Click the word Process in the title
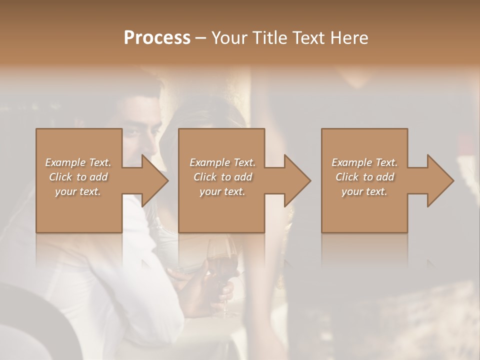[157, 38]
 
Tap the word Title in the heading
[268, 38]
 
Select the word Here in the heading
[348, 38]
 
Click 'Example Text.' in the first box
[78, 162]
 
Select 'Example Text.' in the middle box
[222, 162]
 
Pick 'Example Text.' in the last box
[364, 162]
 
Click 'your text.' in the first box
[78, 191]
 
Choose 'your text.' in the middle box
[222, 191]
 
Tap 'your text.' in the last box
[364, 191]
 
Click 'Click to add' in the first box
[78, 177]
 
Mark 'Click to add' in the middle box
[222, 177]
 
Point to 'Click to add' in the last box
[364, 177]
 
